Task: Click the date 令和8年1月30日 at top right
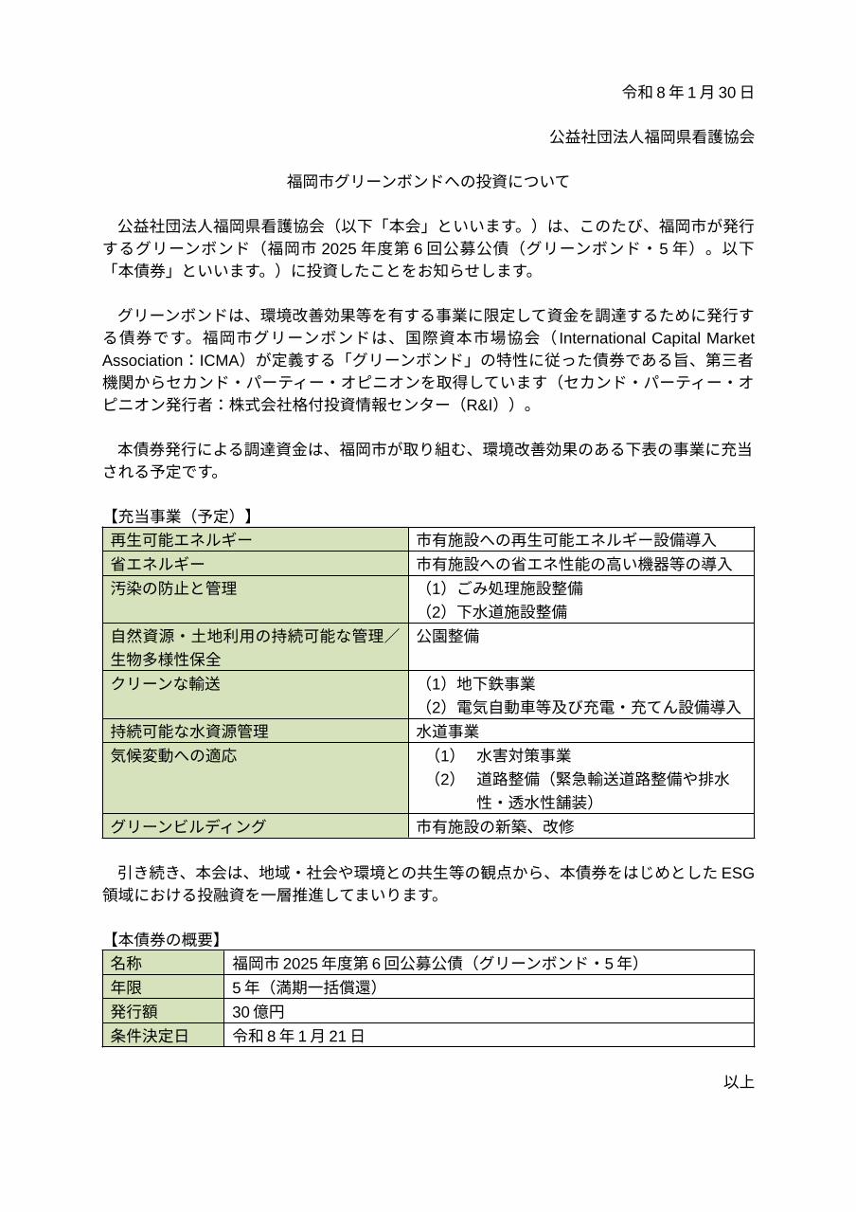point(687,92)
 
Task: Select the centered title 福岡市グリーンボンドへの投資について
point(428,181)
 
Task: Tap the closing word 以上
point(739,1081)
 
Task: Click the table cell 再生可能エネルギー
point(182,539)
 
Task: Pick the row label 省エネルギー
point(158,564)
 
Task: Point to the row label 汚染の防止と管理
point(173,588)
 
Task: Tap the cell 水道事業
point(448,731)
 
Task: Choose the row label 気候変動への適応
point(173,755)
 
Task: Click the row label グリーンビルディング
point(188,826)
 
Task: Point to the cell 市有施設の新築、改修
point(495,826)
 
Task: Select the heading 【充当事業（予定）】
point(180,516)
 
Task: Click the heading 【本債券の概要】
point(164,939)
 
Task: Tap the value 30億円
point(259,1012)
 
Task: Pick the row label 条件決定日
point(150,1036)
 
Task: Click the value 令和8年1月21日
point(298,1036)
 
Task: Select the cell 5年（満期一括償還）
point(306,987)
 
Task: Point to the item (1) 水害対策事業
point(502,755)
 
